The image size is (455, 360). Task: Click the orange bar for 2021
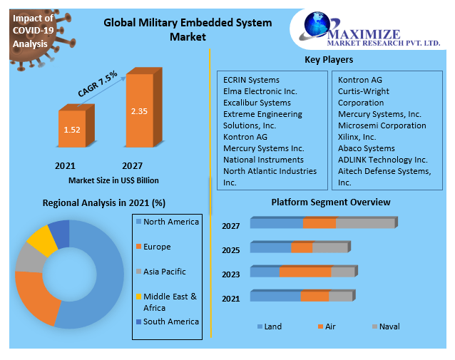click(72, 130)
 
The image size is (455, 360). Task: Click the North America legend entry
click(170, 222)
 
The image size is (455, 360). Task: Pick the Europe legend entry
click(156, 247)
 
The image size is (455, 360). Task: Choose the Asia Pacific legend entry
click(164, 272)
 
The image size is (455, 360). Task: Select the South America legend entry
click(170, 322)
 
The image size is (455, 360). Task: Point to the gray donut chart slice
click(29, 258)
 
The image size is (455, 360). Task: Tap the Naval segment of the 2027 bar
click(364, 224)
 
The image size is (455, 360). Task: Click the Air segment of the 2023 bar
click(305, 272)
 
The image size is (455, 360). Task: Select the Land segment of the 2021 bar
click(275, 297)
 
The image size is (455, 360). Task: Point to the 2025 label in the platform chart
click(230, 250)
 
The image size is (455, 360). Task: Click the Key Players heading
click(329, 60)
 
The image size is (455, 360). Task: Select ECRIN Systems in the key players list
click(251, 80)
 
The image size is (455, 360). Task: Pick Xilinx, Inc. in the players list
click(357, 137)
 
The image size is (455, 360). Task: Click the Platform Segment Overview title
click(330, 202)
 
